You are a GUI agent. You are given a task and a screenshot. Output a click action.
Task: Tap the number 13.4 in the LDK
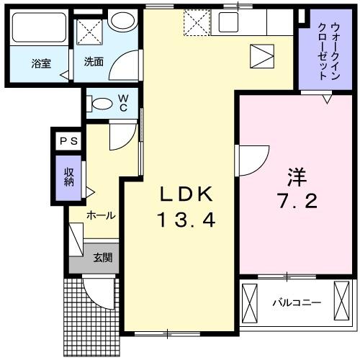[186, 219]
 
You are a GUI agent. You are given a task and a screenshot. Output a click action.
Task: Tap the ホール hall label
[102, 215]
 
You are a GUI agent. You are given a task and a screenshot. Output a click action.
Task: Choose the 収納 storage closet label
[69, 176]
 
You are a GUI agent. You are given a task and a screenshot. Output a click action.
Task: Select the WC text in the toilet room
[123, 102]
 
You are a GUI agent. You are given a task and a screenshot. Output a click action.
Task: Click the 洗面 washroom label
[94, 63]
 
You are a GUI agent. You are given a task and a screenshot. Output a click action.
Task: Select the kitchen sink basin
[231, 21]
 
